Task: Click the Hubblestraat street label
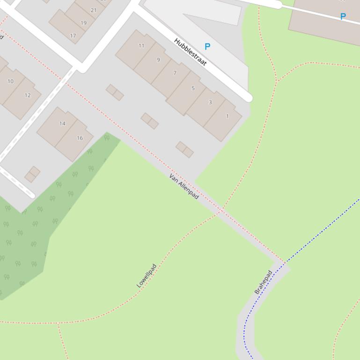[190, 52]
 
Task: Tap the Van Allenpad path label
[184, 186]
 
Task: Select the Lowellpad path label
[147, 276]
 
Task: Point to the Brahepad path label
[263, 282]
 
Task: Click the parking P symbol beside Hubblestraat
[207, 46]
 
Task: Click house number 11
[141, 46]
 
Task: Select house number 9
[158, 60]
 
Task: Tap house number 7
[175, 73]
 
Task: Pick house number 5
[193, 88]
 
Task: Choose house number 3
[210, 102]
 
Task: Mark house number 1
[228, 116]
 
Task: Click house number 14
[62, 123]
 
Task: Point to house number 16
[80, 138]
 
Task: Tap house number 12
[28, 95]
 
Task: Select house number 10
[10, 81]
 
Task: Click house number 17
[73, 36]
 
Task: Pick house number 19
[83, 22]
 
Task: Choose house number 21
[94, 10]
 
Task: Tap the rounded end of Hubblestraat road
[249, 97]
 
